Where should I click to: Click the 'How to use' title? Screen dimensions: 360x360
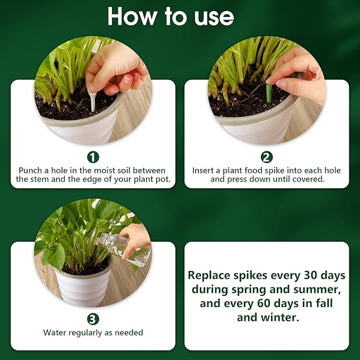(170, 17)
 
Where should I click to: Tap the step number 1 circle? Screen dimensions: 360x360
(93, 157)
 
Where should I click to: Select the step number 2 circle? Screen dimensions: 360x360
(267, 157)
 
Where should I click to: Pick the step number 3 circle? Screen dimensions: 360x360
(93, 319)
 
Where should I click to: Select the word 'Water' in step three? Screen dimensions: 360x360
(55, 333)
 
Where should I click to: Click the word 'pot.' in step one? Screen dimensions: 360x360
(163, 179)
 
